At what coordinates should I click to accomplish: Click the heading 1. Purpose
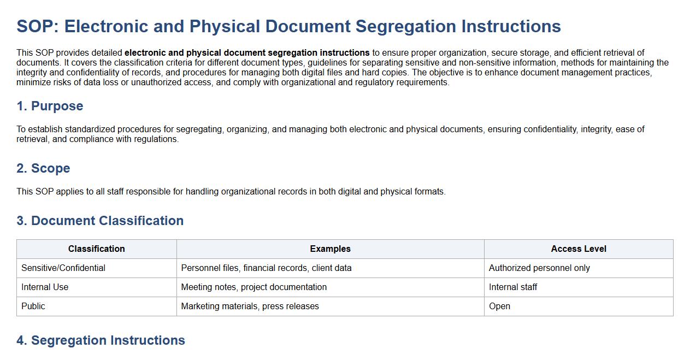(x=50, y=106)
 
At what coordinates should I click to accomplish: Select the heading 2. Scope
(x=43, y=168)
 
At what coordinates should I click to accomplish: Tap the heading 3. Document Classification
(x=100, y=221)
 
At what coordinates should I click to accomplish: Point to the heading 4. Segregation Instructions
(x=101, y=340)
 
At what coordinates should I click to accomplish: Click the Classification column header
(x=96, y=249)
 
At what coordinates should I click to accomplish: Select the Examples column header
(x=330, y=249)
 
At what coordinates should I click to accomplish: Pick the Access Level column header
(x=579, y=249)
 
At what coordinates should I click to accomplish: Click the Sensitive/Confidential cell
(x=63, y=268)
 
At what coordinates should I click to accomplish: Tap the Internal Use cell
(x=45, y=287)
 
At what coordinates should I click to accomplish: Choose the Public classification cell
(x=33, y=306)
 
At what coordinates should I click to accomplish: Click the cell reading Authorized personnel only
(x=539, y=268)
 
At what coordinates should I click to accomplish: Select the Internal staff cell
(x=513, y=287)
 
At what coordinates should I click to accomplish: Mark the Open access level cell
(x=499, y=306)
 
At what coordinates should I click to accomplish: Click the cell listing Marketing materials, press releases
(x=250, y=306)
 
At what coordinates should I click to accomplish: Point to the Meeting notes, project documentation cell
(x=253, y=287)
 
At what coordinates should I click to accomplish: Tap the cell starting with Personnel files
(x=266, y=268)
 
